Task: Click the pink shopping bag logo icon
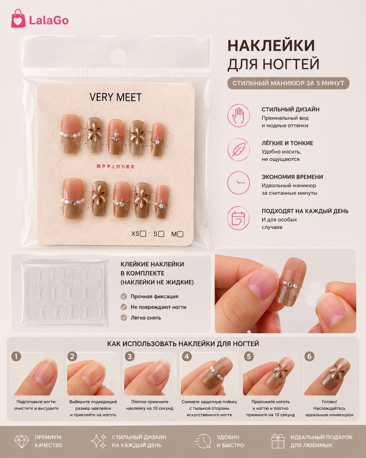(18, 19)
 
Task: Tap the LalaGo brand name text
(49, 20)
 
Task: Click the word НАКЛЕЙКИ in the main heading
(271, 45)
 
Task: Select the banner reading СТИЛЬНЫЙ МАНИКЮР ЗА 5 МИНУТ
(288, 83)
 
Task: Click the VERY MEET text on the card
(115, 97)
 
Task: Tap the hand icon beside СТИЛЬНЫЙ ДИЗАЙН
(238, 116)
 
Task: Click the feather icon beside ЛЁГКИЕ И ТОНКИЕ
(238, 150)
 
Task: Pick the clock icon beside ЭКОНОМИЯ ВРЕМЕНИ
(238, 183)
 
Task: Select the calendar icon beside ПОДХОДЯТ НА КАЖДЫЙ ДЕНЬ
(238, 218)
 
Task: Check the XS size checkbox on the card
(143, 234)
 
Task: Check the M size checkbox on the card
(180, 234)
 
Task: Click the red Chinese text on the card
(115, 166)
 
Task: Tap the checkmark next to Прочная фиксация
(124, 297)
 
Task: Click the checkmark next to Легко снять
(124, 318)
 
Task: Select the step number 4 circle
(187, 356)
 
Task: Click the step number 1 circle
(16, 356)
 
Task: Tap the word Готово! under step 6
(329, 402)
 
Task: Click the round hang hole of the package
(118, 57)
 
